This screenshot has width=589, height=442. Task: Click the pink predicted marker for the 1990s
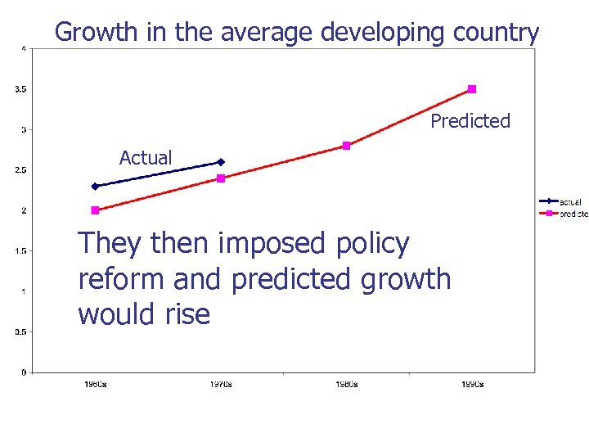(x=472, y=89)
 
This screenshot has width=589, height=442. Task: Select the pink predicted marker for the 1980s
(x=346, y=146)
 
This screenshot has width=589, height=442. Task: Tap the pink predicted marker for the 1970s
(x=221, y=178)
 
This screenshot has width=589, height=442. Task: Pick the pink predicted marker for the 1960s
(x=95, y=210)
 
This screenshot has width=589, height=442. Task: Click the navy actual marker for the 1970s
(x=221, y=162)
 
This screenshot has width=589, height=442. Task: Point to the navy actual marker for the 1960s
(x=95, y=187)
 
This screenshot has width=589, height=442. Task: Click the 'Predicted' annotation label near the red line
(x=470, y=121)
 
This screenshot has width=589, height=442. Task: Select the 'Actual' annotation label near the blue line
(x=146, y=158)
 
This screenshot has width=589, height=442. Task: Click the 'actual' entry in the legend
(x=570, y=201)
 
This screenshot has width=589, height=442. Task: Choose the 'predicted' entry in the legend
(x=573, y=214)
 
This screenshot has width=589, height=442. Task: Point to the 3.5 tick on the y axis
(x=20, y=89)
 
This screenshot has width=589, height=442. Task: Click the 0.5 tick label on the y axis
(x=20, y=332)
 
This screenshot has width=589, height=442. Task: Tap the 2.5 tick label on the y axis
(x=20, y=170)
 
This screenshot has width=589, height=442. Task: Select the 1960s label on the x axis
(x=95, y=385)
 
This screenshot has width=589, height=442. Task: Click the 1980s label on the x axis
(x=346, y=385)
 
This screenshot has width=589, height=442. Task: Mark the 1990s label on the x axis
(x=472, y=385)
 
